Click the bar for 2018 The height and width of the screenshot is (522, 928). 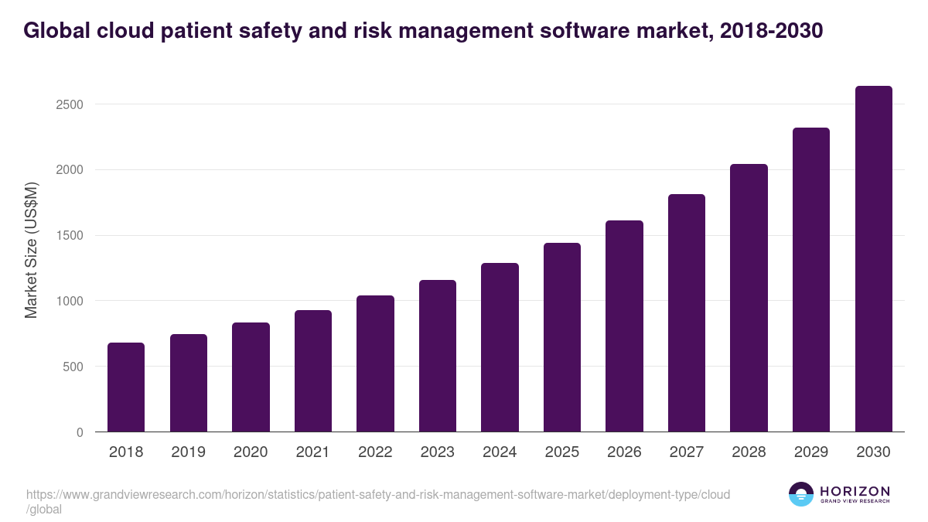click(126, 387)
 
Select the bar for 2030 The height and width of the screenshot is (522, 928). click(873, 259)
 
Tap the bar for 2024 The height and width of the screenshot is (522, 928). click(500, 347)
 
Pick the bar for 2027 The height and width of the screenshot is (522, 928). click(687, 313)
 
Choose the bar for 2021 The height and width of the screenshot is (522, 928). click(313, 371)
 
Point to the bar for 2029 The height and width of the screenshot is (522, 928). click(811, 280)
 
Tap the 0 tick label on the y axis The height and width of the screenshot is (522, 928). click(80, 432)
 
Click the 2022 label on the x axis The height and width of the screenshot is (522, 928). click(375, 452)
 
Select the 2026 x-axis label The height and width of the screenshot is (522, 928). click(624, 452)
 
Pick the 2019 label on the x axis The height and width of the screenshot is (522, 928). click(189, 452)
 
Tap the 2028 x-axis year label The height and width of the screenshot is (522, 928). click(749, 452)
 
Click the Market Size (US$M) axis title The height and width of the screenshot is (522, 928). click(31, 250)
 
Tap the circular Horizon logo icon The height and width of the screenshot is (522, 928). click(801, 494)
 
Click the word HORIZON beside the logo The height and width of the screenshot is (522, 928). click(855, 491)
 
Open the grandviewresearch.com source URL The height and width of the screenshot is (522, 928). click(377, 494)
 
